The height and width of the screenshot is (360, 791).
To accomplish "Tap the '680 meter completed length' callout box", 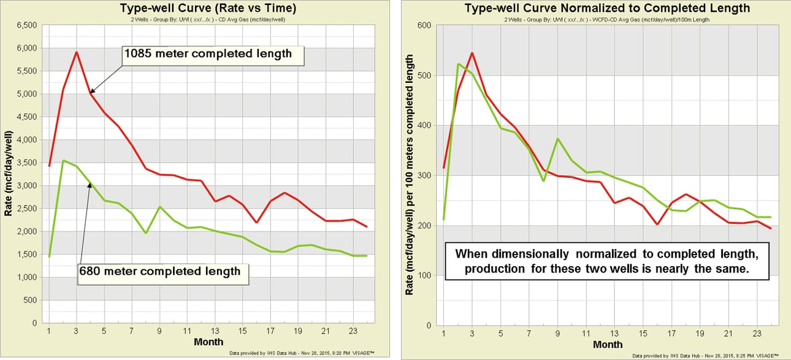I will point(163,270).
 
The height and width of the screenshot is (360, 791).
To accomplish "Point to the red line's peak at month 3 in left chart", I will point(76,52).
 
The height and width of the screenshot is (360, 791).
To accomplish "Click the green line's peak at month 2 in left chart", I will point(63,161).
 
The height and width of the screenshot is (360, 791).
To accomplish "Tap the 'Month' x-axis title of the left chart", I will point(208,342).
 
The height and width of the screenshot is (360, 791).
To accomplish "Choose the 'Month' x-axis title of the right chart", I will point(609,345).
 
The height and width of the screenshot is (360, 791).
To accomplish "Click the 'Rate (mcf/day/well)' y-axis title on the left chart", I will point(9,174).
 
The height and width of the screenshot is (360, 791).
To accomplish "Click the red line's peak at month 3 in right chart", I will point(472,53).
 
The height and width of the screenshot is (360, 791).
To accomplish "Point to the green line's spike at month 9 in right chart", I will point(557,139).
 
